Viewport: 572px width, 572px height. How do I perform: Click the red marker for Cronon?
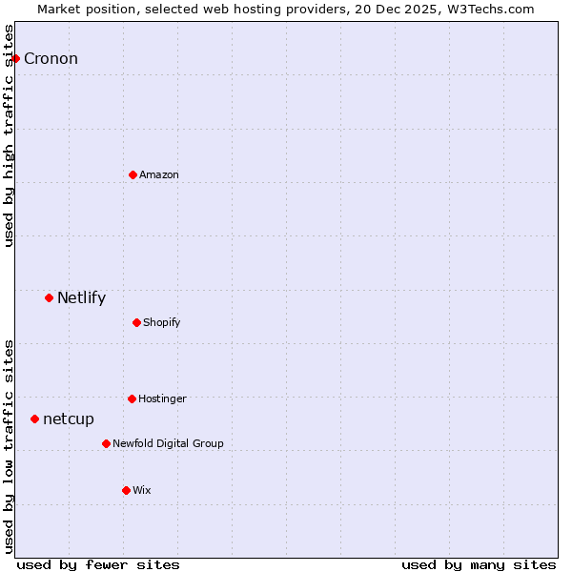pos(15,58)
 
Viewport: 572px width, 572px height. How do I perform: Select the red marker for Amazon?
pos(133,174)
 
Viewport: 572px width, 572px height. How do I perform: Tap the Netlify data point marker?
pos(49,297)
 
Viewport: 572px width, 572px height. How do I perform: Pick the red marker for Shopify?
pos(136,322)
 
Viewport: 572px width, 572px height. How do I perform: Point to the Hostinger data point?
pos(132,398)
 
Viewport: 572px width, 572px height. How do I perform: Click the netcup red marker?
pos(34,419)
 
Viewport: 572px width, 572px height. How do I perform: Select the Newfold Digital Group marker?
pos(106,443)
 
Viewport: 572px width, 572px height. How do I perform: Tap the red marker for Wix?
pos(126,490)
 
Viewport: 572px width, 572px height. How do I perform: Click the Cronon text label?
pos(51,59)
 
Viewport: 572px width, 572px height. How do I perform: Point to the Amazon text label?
pos(159,175)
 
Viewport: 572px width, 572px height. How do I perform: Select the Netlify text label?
pos(81,298)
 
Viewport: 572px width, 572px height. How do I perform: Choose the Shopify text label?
pos(162,323)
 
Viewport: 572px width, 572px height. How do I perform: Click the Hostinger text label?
pos(162,399)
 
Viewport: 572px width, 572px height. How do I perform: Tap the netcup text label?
pos(69,419)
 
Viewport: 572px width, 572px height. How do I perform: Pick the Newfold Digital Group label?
pos(168,444)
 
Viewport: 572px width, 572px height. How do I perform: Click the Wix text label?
pos(142,491)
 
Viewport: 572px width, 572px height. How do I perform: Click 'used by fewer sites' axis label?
pos(98,564)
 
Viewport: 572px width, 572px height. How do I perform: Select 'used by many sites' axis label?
pos(479,564)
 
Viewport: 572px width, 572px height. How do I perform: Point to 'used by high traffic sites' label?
pos(10,135)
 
